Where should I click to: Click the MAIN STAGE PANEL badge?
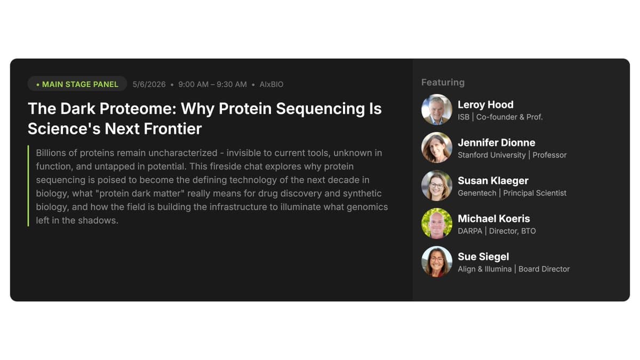(x=77, y=84)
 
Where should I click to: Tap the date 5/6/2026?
(x=149, y=84)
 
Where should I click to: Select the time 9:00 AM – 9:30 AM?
(x=212, y=84)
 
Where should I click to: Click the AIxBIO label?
(x=271, y=84)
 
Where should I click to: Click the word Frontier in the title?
(x=173, y=129)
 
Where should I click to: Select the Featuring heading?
(x=443, y=82)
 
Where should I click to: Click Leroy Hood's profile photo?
(x=437, y=109)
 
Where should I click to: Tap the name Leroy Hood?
(x=485, y=105)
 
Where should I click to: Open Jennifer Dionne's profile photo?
(x=437, y=147)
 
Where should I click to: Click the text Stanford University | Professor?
(x=512, y=155)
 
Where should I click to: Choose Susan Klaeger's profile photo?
(x=437, y=185)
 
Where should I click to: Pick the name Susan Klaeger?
(x=493, y=180)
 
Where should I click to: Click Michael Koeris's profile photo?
(x=437, y=223)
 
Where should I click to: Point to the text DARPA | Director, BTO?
(x=497, y=231)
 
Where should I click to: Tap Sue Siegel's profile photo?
(x=437, y=261)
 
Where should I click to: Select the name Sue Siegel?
(x=483, y=257)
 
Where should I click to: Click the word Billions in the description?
(x=51, y=153)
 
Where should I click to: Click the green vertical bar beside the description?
(x=28, y=186)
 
